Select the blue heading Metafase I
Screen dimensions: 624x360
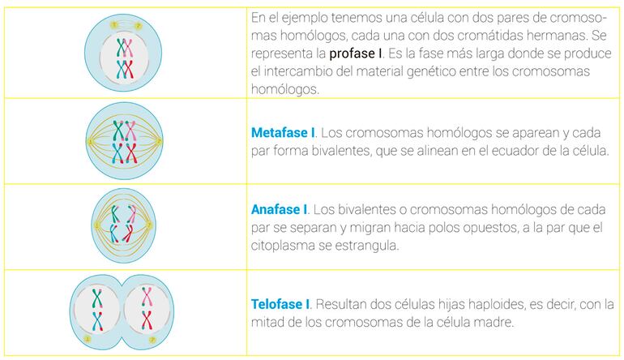click(283, 133)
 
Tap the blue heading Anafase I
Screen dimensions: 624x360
click(279, 209)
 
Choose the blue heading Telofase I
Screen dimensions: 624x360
click(280, 304)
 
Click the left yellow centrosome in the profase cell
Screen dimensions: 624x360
click(114, 25)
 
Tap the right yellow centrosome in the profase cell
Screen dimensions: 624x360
click(138, 26)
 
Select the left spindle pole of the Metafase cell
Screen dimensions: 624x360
click(90, 141)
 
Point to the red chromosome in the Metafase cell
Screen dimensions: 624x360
click(132, 153)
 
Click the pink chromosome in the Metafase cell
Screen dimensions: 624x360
click(130, 131)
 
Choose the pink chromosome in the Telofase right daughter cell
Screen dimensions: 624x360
click(147, 297)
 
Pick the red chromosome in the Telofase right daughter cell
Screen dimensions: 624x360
click(147, 320)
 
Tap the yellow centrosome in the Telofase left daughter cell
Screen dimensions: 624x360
click(88, 339)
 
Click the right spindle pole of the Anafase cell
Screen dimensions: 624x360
click(150, 225)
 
